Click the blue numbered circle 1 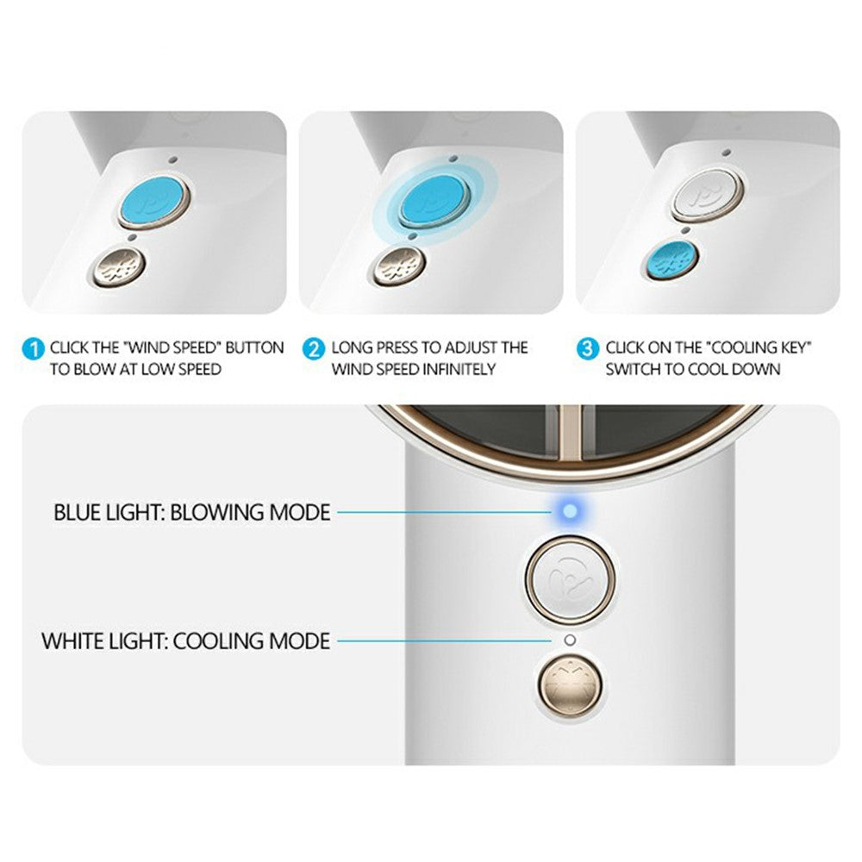(x=33, y=350)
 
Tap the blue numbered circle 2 (x=314, y=350)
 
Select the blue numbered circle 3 (x=588, y=350)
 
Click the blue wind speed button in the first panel (x=154, y=201)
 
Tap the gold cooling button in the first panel (x=119, y=268)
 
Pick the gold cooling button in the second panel (x=400, y=266)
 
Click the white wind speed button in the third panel (x=707, y=195)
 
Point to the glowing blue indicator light (x=570, y=512)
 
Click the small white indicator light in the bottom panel (x=570, y=640)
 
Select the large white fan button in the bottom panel (x=570, y=580)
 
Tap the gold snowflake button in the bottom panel (x=570, y=685)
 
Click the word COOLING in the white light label (x=218, y=641)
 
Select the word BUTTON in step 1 (x=254, y=348)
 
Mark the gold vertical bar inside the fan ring (x=570, y=433)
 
